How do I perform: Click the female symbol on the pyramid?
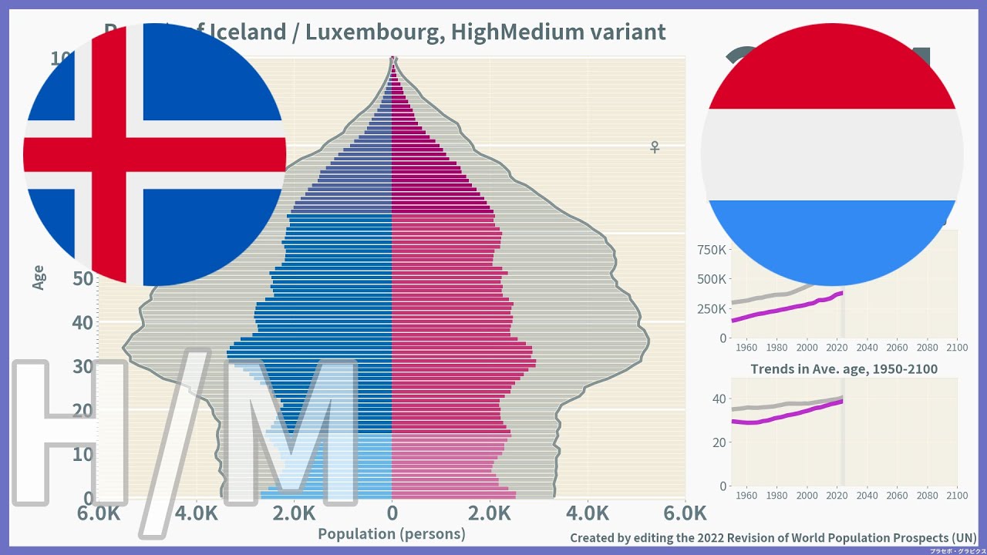click(655, 146)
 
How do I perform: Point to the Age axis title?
click(39, 277)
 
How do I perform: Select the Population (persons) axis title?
click(392, 533)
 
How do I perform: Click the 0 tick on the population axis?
click(392, 513)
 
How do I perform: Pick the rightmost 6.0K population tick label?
click(685, 513)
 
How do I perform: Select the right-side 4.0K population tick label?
click(588, 513)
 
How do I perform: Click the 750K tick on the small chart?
click(712, 250)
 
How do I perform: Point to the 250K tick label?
click(712, 308)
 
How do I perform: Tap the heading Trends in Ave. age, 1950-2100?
click(844, 369)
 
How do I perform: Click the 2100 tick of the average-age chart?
click(956, 495)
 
